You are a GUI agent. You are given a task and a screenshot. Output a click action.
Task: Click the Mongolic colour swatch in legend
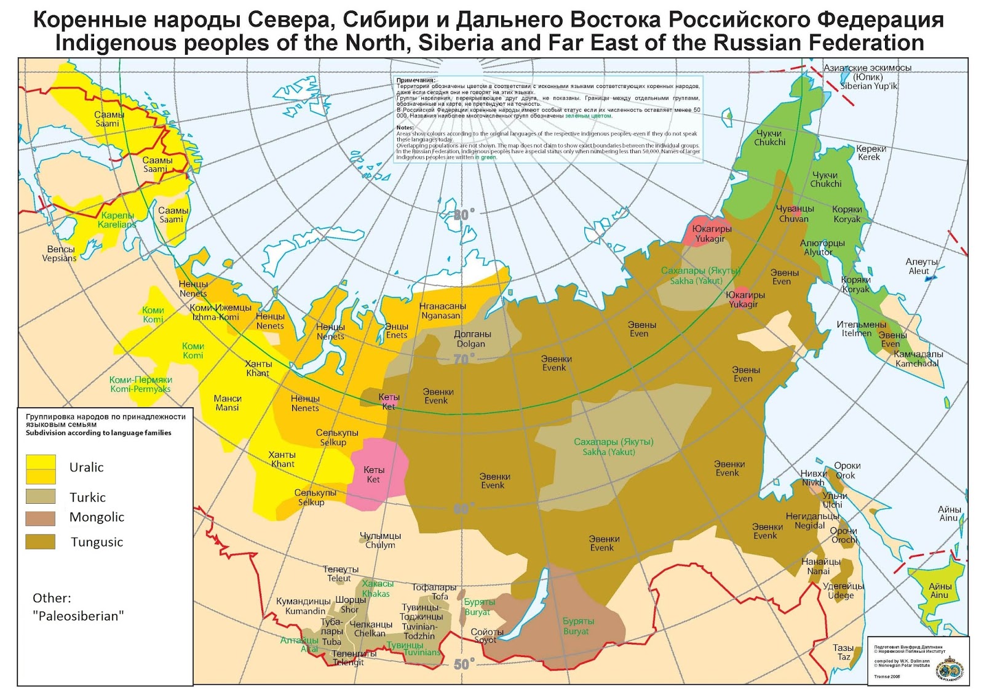[x=41, y=518]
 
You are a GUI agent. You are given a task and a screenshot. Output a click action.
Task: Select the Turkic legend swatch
[x=41, y=496]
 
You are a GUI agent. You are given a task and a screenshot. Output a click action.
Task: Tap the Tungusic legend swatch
[x=41, y=541]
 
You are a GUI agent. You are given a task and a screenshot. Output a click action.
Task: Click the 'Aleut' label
[x=919, y=271]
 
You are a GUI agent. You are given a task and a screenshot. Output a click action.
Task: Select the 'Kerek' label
[x=869, y=157]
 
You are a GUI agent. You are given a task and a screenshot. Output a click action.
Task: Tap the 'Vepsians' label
[x=60, y=258]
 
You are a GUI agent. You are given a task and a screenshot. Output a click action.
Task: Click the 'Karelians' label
[x=117, y=225]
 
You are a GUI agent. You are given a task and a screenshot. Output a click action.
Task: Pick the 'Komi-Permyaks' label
[x=140, y=389]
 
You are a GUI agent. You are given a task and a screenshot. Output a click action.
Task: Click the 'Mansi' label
[x=227, y=408]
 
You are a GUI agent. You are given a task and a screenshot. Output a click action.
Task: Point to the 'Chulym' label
[x=380, y=545]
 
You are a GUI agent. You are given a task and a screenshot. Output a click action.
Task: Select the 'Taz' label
[x=844, y=657]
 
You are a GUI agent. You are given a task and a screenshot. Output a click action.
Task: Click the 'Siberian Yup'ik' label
[x=868, y=86]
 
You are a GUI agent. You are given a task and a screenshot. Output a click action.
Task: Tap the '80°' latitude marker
[x=464, y=215]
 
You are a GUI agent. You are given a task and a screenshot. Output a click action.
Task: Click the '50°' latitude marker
[x=464, y=664]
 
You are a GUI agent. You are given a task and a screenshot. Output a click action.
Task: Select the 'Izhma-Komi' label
[x=216, y=317]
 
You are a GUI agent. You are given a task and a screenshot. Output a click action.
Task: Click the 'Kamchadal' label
[x=917, y=364]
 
